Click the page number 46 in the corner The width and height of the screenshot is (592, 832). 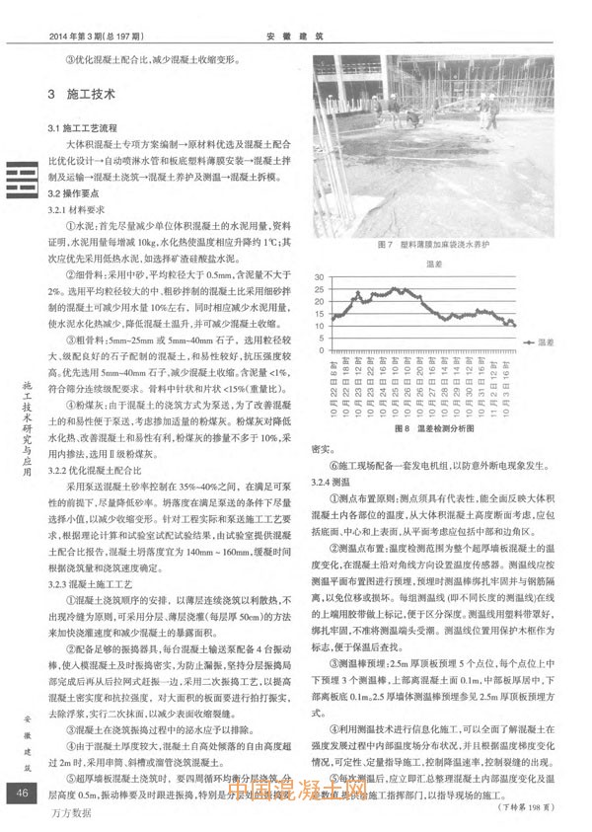pyautogui.click(x=21, y=795)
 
